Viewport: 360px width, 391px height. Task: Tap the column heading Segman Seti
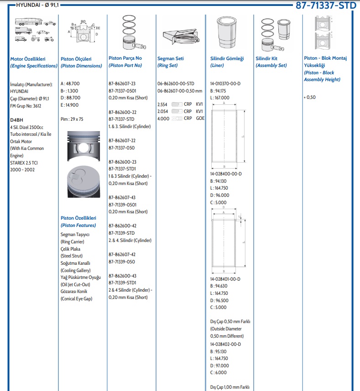[171, 59]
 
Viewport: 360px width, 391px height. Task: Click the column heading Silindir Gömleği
[227, 59]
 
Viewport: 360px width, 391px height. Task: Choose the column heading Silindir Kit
[266, 59]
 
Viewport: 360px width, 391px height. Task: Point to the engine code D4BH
[16, 120]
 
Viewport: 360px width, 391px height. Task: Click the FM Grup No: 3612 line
[26, 105]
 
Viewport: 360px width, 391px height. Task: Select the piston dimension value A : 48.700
[70, 84]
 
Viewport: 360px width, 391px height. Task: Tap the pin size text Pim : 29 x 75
[73, 119]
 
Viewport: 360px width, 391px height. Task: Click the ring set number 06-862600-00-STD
[176, 84]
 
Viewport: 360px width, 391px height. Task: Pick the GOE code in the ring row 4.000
[200, 118]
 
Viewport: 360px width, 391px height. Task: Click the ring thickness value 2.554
[163, 104]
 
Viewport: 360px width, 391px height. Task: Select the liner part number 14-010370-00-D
[225, 84]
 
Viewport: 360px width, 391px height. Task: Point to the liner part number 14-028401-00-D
[225, 279]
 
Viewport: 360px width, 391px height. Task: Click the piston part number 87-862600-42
[122, 226]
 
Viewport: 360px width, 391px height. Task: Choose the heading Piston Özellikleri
[78, 218]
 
